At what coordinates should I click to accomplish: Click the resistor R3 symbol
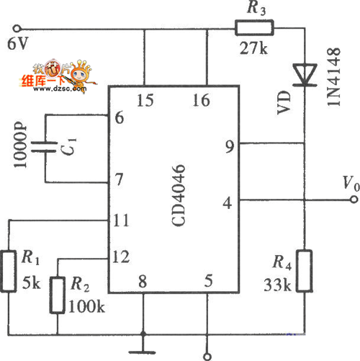[x=254, y=28]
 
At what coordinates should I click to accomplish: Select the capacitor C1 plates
[x=44, y=147]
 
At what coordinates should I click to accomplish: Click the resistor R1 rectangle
[x=9, y=271]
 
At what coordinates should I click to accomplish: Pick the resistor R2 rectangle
[x=58, y=295]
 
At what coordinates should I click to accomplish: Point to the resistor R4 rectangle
[x=305, y=271]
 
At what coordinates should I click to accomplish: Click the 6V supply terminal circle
[x=17, y=29]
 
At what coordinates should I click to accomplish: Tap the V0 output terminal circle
[x=354, y=200]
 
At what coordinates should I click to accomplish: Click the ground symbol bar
[x=143, y=352]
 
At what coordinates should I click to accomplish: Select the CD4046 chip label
[x=179, y=195]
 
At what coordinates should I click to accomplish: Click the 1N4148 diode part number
[x=333, y=76]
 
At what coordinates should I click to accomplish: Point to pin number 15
[x=145, y=100]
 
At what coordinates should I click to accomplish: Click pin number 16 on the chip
[x=201, y=100]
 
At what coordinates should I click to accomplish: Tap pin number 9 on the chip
[x=230, y=146]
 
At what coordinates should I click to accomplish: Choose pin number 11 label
[x=121, y=220]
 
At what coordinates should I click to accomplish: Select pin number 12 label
[x=121, y=257]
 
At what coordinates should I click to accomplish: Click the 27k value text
[x=253, y=48]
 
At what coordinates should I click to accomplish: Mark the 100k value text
[x=86, y=306]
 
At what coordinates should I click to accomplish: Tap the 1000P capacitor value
[x=20, y=145]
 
